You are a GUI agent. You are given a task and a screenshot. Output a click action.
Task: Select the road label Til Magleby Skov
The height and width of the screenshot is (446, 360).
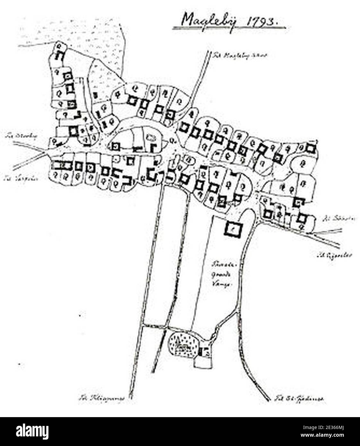(x=239, y=55)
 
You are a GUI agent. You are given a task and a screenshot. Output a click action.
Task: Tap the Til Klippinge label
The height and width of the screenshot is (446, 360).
(x=101, y=400)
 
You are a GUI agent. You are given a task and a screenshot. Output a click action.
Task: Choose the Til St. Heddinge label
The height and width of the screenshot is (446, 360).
(x=300, y=399)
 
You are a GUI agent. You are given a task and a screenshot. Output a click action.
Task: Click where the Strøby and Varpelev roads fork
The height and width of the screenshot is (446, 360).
(x=45, y=153)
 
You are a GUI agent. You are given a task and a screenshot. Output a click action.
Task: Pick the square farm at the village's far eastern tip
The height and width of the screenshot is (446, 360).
(x=310, y=148)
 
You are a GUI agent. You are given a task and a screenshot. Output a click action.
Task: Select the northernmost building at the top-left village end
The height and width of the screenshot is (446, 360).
(x=59, y=55)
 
